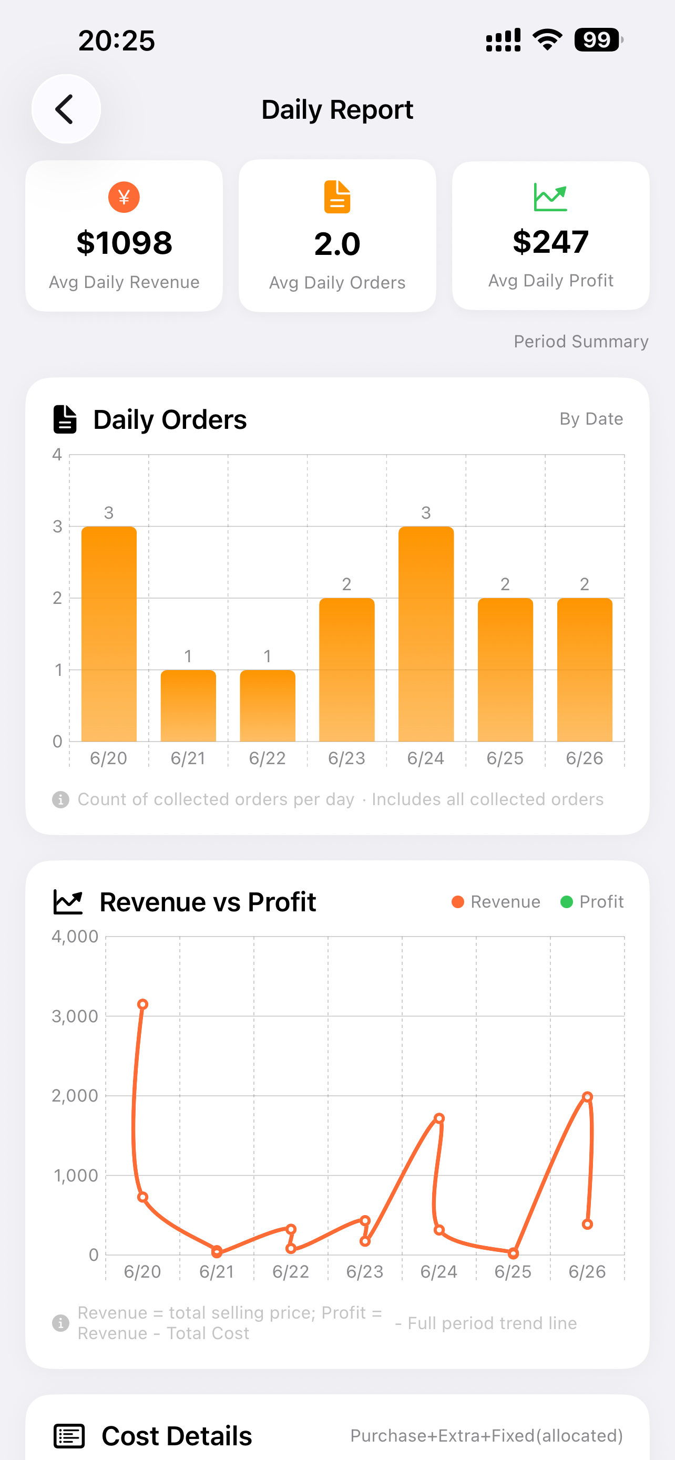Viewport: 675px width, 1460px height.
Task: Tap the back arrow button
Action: (x=66, y=109)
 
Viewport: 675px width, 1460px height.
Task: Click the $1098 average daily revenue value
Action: (x=124, y=243)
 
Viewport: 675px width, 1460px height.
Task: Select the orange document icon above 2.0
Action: (x=337, y=197)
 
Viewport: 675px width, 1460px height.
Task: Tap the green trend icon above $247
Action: (x=550, y=197)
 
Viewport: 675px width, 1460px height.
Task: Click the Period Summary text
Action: (x=581, y=341)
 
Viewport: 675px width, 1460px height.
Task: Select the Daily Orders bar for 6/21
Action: (x=188, y=706)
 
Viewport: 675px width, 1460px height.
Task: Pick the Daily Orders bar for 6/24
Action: (x=426, y=634)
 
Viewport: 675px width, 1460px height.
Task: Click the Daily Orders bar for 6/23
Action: (x=347, y=670)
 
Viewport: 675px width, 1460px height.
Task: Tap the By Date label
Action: (x=591, y=419)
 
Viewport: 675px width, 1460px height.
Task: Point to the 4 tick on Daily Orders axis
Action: (x=57, y=455)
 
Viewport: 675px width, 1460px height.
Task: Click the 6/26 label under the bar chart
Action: (x=585, y=758)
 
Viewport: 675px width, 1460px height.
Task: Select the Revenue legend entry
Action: (x=496, y=902)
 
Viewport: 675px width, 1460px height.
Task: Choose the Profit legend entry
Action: (x=592, y=902)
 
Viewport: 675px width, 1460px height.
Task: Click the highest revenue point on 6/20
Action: (x=143, y=1004)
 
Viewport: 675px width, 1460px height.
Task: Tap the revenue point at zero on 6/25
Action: (x=513, y=1253)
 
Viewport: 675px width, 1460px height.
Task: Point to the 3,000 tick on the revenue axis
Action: (x=75, y=1016)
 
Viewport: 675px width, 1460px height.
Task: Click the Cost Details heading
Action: (x=176, y=1436)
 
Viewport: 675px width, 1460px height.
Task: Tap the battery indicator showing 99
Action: (x=598, y=39)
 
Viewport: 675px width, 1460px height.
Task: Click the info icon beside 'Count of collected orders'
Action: (x=60, y=800)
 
